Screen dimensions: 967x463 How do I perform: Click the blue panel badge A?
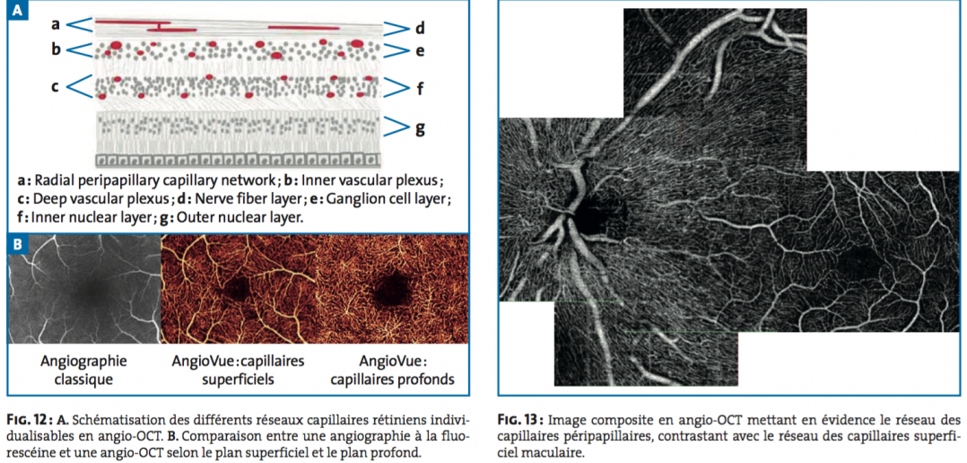(x=17, y=11)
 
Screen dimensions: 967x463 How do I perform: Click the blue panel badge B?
(x=17, y=243)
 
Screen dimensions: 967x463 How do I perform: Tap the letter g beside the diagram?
(x=420, y=128)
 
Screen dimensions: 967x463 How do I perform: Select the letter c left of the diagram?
(x=55, y=88)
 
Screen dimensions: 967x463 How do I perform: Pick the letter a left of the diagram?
(x=55, y=24)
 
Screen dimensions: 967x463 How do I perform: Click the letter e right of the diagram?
(x=420, y=51)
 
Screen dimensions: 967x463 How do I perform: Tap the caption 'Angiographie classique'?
(x=84, y=370)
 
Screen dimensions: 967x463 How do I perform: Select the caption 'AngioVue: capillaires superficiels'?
(x=238, y=370)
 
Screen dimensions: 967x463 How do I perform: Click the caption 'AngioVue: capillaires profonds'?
(x=392, y=370)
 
